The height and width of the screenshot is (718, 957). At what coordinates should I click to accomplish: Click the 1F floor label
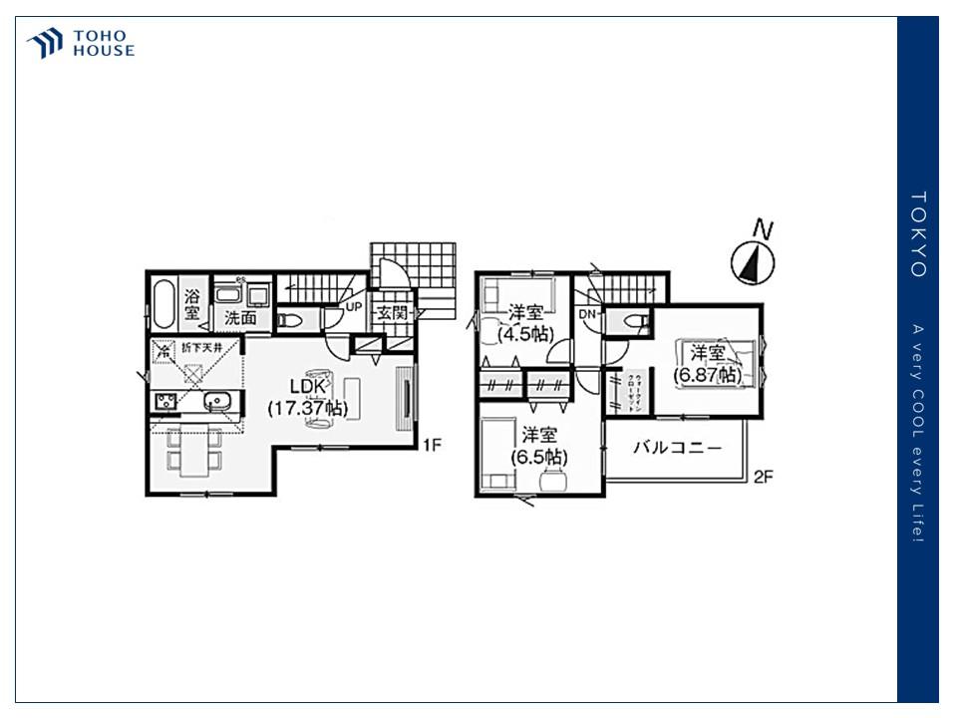(x=432, y=446)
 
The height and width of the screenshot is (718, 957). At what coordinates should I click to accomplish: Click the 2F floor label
(x=763, y=477)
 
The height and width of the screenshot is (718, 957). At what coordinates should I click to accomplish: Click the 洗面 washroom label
(x=240, y=318)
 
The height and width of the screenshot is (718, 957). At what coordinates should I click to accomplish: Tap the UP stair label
(x=354, y=307)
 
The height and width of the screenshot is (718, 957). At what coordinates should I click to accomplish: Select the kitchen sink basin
(x=219, y=402)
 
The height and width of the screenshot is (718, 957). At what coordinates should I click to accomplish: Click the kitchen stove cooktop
(x=165, y=402)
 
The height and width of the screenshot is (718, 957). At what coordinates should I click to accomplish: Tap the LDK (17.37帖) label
(x=306, y=397)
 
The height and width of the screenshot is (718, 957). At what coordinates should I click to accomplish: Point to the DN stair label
(x=587, y=314)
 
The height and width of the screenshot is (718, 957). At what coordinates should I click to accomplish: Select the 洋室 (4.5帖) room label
(x=524, y=323)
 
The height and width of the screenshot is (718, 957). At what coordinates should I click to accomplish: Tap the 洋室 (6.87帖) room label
(x=707, y=363)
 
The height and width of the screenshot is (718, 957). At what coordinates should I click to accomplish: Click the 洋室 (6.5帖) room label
(x=539, y=446)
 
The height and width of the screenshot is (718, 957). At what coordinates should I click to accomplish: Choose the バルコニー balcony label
(x=678, y=448)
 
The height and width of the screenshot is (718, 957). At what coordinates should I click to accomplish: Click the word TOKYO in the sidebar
(x=918, y=234)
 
